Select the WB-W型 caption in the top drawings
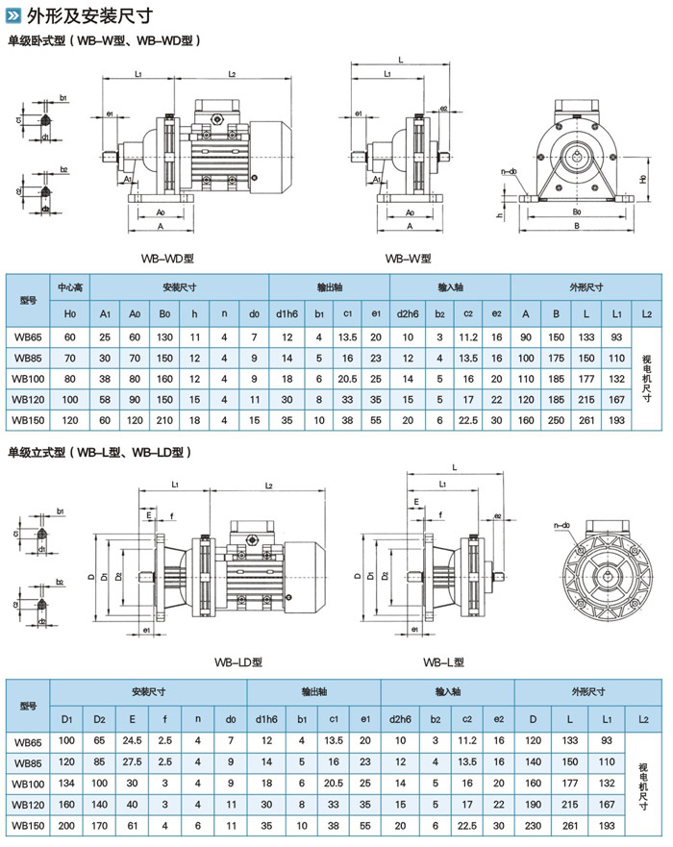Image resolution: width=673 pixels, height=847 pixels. click(x=408, y=259)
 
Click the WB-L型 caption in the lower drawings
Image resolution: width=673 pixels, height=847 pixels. click(x=443, y=661)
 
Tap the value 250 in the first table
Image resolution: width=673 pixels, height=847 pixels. click(x=556, y=419)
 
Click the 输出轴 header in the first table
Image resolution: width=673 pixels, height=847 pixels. click(x=329, y=287)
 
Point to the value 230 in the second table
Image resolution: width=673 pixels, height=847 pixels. click(x=532, y=825)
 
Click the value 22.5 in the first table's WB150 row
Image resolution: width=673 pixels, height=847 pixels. click(x=469, y=419)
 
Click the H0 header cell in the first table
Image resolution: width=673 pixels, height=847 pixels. click(x=70, y=313)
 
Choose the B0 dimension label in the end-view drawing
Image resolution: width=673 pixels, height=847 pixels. click(x=577, y=212)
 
